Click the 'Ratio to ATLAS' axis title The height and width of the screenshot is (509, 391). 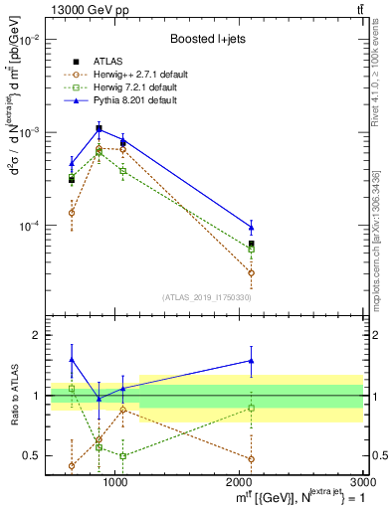tap(13, 395)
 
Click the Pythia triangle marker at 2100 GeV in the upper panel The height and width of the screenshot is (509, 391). tap(251, 227)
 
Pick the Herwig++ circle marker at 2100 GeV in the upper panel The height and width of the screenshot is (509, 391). tap(251, 272)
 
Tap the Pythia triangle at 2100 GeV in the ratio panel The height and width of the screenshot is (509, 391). tap(251, 361)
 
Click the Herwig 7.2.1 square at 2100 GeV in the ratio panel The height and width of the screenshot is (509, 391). tap(251, 408)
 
